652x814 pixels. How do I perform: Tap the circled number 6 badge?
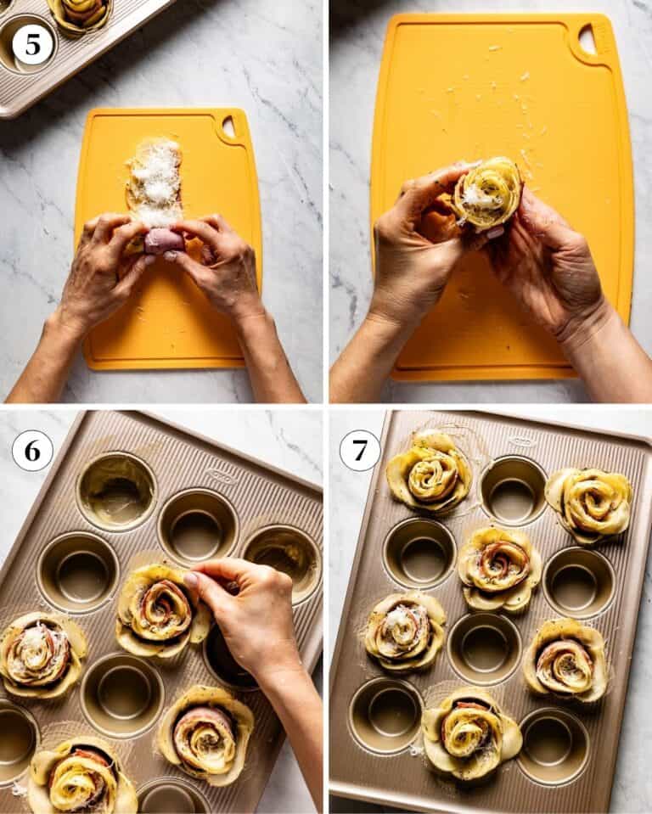32,450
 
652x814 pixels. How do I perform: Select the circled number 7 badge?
360,450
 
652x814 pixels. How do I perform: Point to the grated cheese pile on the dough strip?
155,182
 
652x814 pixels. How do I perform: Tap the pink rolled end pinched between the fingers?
162,241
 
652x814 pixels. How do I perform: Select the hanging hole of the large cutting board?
587,39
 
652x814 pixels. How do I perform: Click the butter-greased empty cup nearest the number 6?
116,491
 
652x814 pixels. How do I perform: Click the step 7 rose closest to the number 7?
430,472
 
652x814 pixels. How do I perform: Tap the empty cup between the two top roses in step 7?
513,490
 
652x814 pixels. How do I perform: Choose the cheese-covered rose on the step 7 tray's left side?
405,630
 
